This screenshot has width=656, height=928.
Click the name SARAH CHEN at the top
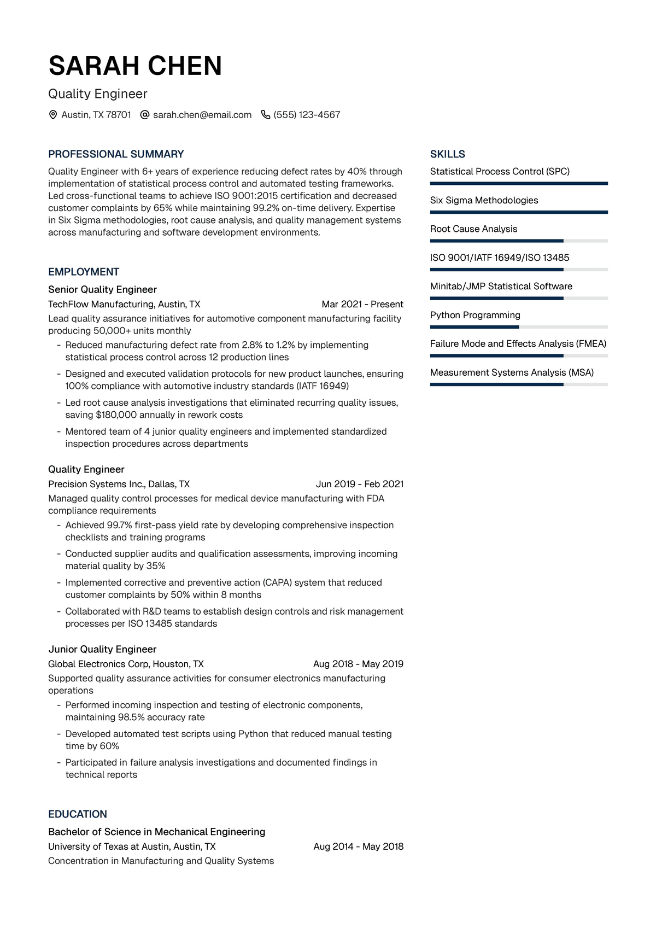(135, 66)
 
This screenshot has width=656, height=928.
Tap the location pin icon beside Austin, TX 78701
(53, 115)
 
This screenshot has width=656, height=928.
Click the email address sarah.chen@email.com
(202, 115)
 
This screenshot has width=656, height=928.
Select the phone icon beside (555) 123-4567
(266, 115)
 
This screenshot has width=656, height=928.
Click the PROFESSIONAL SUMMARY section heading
(116, 154)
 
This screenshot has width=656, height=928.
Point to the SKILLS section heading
(447, 154)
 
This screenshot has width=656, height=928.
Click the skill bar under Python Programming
(519, 327)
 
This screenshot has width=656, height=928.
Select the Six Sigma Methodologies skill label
(484, 200)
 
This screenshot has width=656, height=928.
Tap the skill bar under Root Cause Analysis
(519, 241)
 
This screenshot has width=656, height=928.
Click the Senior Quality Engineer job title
(102, 289)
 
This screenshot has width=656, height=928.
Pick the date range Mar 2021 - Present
(362, 304)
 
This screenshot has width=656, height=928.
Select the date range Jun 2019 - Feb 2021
(360, 484)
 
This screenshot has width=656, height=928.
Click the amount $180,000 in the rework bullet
(116, 415)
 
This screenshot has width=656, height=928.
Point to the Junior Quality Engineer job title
(102, 649)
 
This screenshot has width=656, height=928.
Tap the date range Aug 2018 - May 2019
(358, 664)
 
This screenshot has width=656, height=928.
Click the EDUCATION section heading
(78, 814)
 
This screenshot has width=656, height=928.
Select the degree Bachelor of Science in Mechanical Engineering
(156, 832)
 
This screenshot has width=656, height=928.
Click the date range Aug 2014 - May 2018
(358, 847)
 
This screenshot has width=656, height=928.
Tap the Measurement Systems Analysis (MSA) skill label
(512, 372)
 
